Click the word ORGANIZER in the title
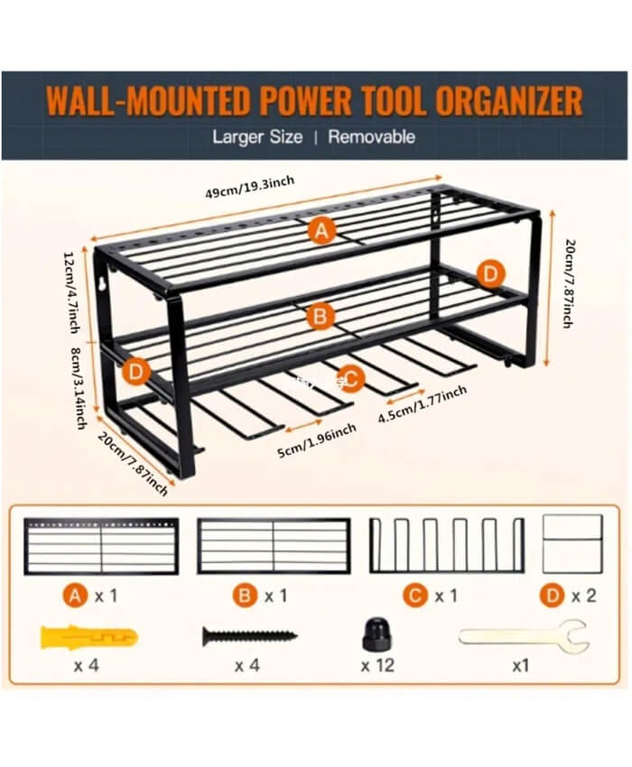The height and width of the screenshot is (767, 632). coord(509,101)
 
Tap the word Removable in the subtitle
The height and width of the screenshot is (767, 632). coord(372,137)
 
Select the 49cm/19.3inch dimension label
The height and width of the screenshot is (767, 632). coord(250,188)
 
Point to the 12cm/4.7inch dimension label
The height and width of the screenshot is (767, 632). coord(71,292)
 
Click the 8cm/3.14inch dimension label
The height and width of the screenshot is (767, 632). coord(79,388)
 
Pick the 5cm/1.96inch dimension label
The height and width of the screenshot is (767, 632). coord(317,440)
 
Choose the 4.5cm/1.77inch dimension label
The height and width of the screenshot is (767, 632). coord(423,403)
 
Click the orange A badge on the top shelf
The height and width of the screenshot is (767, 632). coord(321,230)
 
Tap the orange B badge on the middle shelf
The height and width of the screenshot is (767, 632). coord(321,316)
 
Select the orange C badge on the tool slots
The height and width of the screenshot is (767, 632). coord(350,379)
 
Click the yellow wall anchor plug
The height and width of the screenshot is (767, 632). coord(88,637)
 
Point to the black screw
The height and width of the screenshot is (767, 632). coord(250,636)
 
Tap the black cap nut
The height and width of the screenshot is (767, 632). coord(377,634)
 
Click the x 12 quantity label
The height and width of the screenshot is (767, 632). coord(377,665)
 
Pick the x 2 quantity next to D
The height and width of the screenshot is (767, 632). coord(584,596)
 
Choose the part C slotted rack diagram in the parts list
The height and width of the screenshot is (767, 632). coord(447,570)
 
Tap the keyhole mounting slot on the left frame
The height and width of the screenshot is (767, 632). coord(101,284)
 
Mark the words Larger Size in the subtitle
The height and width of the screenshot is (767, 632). coord(257,137)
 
